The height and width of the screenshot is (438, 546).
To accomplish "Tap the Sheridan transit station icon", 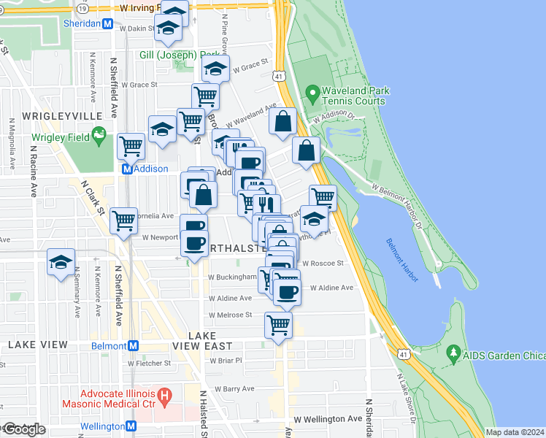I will pyautogui.click(x=108, y=23).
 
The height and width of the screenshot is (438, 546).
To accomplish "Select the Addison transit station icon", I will pyautogui.click(x=126, y=169).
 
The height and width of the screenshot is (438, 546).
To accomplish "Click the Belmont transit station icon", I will pyautogui.click(x=133, y=346).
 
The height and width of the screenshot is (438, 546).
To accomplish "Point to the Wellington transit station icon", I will pyautogui.click(x=131, y=426).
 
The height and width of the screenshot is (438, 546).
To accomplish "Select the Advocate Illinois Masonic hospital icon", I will pyautogui.click(x=165, y=398).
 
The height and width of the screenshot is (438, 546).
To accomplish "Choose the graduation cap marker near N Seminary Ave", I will pyautogui.click(x=61, y=263).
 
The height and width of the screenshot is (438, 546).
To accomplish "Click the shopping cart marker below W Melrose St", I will pyautogui.click(x=278, y=324).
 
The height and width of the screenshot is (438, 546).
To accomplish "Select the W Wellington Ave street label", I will pyautogui.click(x=328, y=419).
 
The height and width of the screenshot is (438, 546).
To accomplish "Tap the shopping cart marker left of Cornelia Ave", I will pyautogui.click(x=123, y=219).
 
